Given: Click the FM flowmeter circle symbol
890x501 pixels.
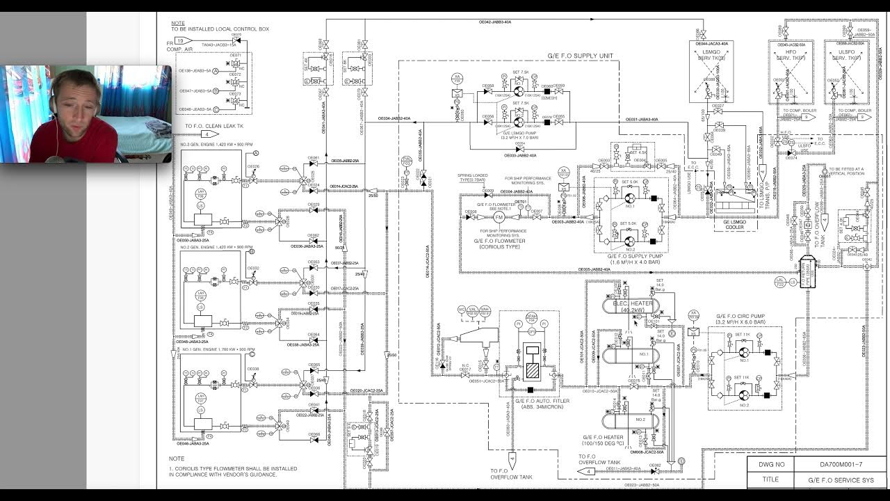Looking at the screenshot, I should [x=498, y=217].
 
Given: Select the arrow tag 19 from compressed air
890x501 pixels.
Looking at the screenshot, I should [x=179, y=41].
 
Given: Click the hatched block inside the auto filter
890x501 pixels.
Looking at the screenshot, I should [x=532, y=371].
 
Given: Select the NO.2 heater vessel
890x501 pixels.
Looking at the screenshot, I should [x=625, y=421].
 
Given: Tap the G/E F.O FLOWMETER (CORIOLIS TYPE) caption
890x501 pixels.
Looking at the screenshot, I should [x=499, y=244].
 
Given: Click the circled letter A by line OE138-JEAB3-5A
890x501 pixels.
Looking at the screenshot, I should [x=216, y=72].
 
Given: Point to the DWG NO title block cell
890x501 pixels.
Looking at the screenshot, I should [x=770, y=464].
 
